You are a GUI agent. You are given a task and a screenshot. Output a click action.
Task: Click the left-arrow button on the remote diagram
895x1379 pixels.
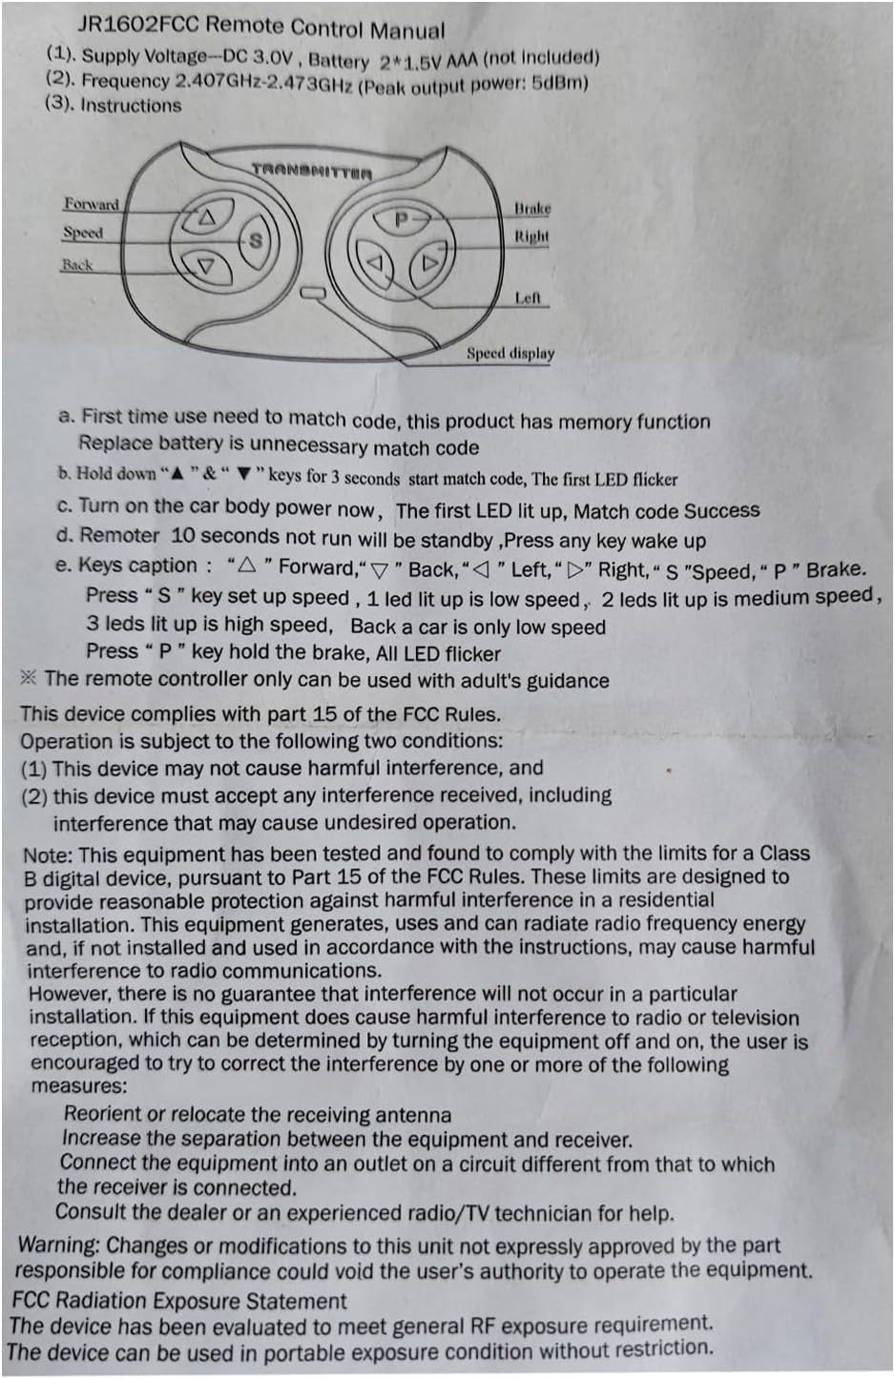375,262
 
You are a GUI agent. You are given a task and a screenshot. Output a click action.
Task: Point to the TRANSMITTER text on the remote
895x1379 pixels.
311,172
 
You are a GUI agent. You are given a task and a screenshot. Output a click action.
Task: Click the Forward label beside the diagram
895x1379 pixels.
92,204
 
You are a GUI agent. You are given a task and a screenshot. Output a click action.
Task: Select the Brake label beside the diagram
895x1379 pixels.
532,208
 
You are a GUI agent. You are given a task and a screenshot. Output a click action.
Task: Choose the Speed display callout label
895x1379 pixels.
510,353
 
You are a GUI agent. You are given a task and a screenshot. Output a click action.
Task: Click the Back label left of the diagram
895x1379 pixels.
77,265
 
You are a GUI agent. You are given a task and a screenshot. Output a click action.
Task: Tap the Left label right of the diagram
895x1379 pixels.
528,298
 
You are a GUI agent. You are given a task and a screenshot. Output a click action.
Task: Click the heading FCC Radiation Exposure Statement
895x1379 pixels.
179,1301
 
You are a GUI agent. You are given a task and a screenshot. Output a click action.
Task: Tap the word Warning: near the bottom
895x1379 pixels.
59,1245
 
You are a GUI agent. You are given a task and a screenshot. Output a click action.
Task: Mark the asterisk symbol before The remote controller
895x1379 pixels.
29,678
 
